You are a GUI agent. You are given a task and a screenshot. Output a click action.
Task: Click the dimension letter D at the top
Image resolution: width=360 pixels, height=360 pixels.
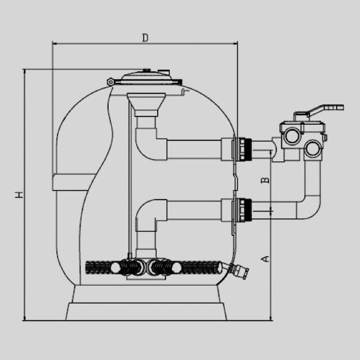(145, 38)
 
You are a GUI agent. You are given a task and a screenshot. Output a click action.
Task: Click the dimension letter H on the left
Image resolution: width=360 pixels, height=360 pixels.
(19, 195)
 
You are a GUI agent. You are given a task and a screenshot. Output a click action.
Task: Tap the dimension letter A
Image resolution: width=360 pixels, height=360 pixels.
(265, 259)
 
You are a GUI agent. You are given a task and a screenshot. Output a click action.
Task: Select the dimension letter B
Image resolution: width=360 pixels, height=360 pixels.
(265, 180)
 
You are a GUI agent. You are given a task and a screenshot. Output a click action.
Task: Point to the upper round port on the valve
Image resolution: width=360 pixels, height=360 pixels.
(292, 136)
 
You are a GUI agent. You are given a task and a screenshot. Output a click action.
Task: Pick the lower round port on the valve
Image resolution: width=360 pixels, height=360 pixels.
(313, 149)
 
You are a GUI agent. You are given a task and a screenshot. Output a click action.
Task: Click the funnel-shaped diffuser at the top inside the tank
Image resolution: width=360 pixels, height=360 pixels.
(146, 104)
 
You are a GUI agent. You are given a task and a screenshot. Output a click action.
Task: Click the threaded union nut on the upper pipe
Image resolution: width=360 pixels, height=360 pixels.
(245, 149)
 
